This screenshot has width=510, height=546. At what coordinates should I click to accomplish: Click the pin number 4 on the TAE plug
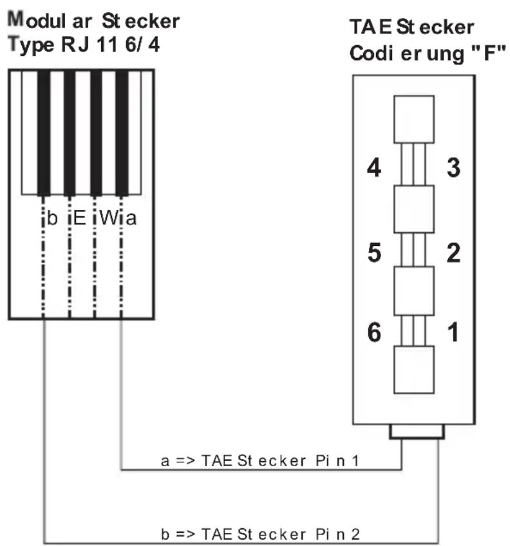point(374,168)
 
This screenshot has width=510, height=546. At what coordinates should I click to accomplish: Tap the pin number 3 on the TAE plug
point(453,168)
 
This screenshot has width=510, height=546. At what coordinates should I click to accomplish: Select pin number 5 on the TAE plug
point(375,252)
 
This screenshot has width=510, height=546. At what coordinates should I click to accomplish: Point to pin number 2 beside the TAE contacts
point(453,252)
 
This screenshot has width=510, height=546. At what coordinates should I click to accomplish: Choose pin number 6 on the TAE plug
point(375,332)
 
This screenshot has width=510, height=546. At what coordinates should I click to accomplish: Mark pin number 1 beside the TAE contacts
point(453,332)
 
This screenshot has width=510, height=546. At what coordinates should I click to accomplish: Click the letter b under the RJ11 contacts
point(52,218)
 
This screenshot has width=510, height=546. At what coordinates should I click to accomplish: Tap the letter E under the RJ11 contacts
point(80,218)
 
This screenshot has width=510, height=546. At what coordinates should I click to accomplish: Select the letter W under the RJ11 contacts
point(109,218)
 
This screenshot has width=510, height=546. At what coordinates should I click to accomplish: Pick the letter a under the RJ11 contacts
point(131,219)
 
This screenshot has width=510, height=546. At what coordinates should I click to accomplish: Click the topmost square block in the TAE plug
point(414,120)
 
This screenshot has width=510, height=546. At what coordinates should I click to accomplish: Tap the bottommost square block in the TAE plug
point(414,370)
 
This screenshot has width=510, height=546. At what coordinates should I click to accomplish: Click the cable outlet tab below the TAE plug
point(417,431)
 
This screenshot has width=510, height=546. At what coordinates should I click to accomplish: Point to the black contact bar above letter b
point(44,133)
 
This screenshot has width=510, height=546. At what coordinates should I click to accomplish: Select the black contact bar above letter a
point(122,133)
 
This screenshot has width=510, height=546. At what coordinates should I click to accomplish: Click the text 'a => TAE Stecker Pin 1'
point(260,461)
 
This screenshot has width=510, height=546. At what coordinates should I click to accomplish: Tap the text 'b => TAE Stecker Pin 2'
point(260,534)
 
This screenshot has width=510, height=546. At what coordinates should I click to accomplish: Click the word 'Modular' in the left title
point(50,20)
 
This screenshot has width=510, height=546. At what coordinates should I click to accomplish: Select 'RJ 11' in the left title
point(90,44)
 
